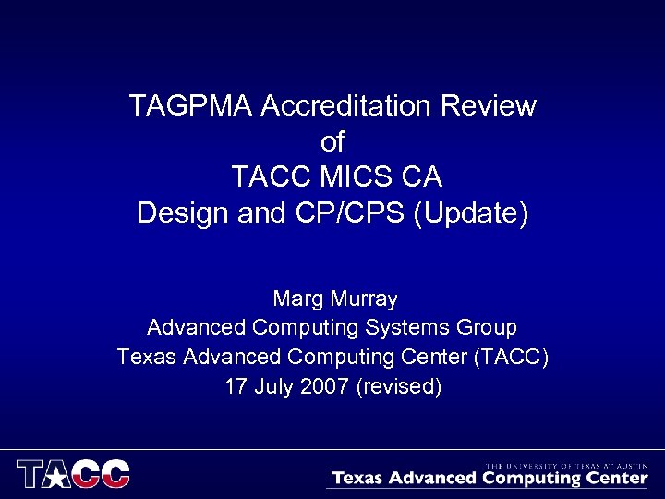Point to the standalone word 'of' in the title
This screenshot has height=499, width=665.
click(x=332, y=142)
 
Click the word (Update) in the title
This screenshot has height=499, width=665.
click(x=471, y=213)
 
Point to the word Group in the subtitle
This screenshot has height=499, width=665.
click(x=486, y=328)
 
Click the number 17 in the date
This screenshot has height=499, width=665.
click(x=236, y=386)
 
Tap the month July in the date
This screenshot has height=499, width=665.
click(x=274, y=386)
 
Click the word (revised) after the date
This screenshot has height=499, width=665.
click(x=398, y=386)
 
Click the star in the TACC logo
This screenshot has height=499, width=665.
click(x=59, y=475)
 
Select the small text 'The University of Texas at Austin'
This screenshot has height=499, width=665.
click(x=566, y=466)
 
